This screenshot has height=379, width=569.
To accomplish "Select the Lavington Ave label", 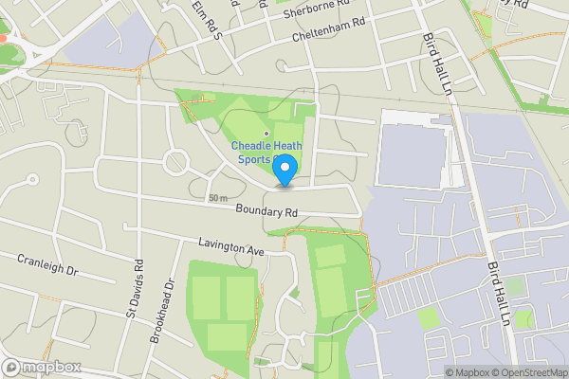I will click(x=231, y=246).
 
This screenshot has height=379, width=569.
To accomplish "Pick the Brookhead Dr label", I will click(x=171, y=308).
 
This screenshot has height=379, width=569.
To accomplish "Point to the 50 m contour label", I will click(x=218, y=198).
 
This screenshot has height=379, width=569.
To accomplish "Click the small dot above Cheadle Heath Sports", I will click(x=266, y=133).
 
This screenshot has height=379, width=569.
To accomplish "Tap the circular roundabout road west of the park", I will click(x=177, y=161).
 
